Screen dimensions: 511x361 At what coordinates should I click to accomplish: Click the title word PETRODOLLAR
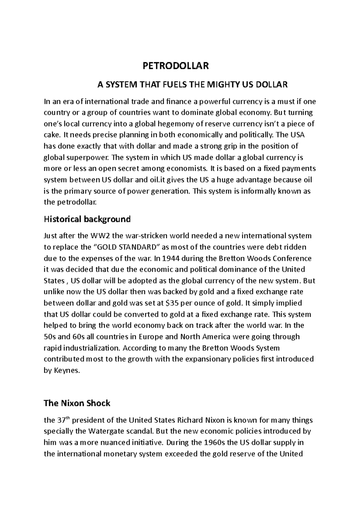click(176, 66)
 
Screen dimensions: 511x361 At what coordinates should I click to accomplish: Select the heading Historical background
click(87, 219)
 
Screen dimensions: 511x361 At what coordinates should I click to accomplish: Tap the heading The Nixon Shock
click(77, 403)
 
